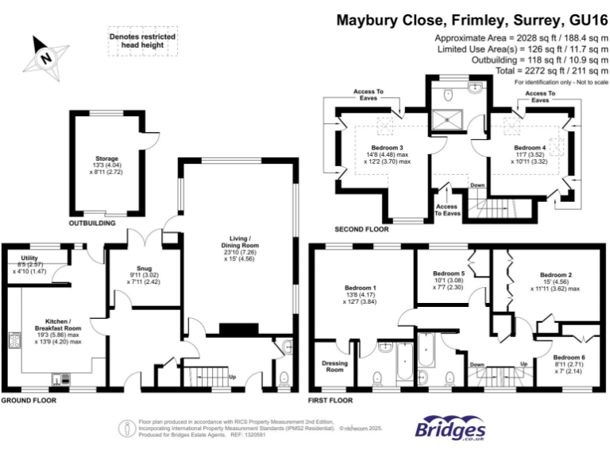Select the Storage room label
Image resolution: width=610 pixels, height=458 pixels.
coord(106,158)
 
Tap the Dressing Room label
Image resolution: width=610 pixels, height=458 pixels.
coord(334,367)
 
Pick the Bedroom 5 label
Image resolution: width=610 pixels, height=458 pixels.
coord(438,274)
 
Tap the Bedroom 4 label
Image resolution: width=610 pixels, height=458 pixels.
coord(530,148)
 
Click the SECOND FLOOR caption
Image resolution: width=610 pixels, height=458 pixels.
coord(361,229)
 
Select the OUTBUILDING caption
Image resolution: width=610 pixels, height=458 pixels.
coord(92,223)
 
